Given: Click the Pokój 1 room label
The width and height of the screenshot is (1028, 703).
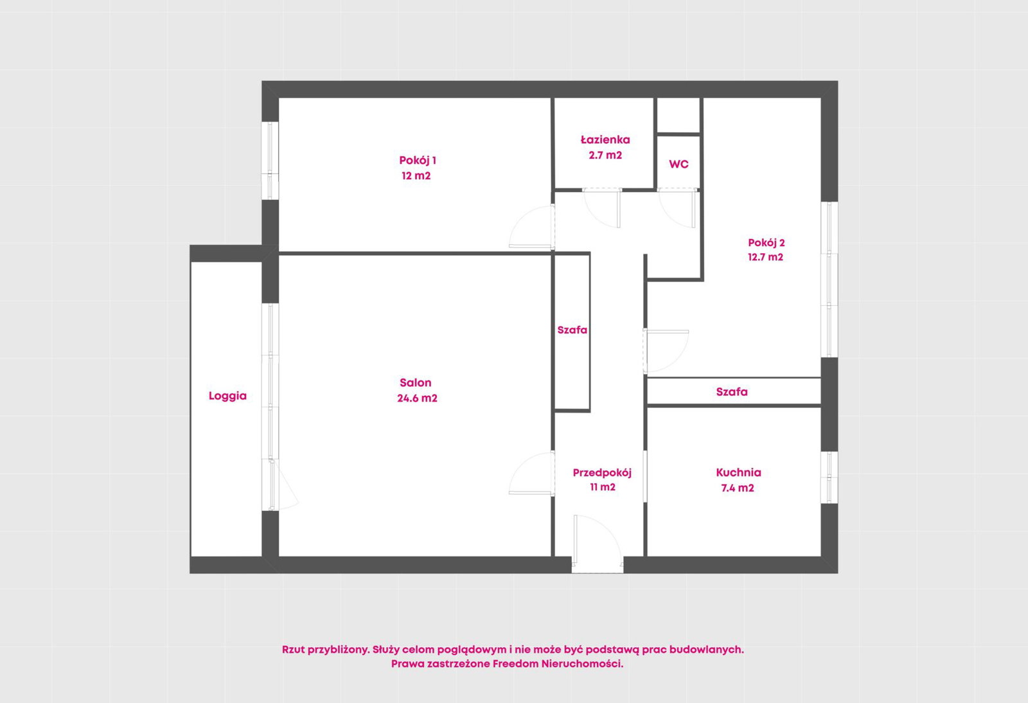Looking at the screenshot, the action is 417,161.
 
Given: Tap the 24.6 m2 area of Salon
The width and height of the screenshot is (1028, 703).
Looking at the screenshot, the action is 417,398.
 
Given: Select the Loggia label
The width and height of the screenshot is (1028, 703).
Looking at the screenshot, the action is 227,396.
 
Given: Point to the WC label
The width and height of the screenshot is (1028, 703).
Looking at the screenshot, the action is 678,165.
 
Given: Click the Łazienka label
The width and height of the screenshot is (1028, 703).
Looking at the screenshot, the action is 605,139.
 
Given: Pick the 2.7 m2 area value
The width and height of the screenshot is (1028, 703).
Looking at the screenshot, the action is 605,155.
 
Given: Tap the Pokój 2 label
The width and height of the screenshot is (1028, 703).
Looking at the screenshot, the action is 767,243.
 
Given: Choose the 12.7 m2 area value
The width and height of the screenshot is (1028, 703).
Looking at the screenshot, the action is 765,257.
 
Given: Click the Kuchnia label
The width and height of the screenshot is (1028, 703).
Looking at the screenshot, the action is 738,472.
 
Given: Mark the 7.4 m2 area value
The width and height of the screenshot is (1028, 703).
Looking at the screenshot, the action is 738,488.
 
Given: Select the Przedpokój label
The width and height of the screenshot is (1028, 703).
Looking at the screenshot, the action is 602,473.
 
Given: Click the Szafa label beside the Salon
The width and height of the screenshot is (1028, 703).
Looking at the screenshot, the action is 572,330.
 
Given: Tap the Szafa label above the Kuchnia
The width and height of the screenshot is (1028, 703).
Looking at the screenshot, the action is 732,392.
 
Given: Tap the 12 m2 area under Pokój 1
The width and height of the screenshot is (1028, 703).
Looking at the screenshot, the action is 416,176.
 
